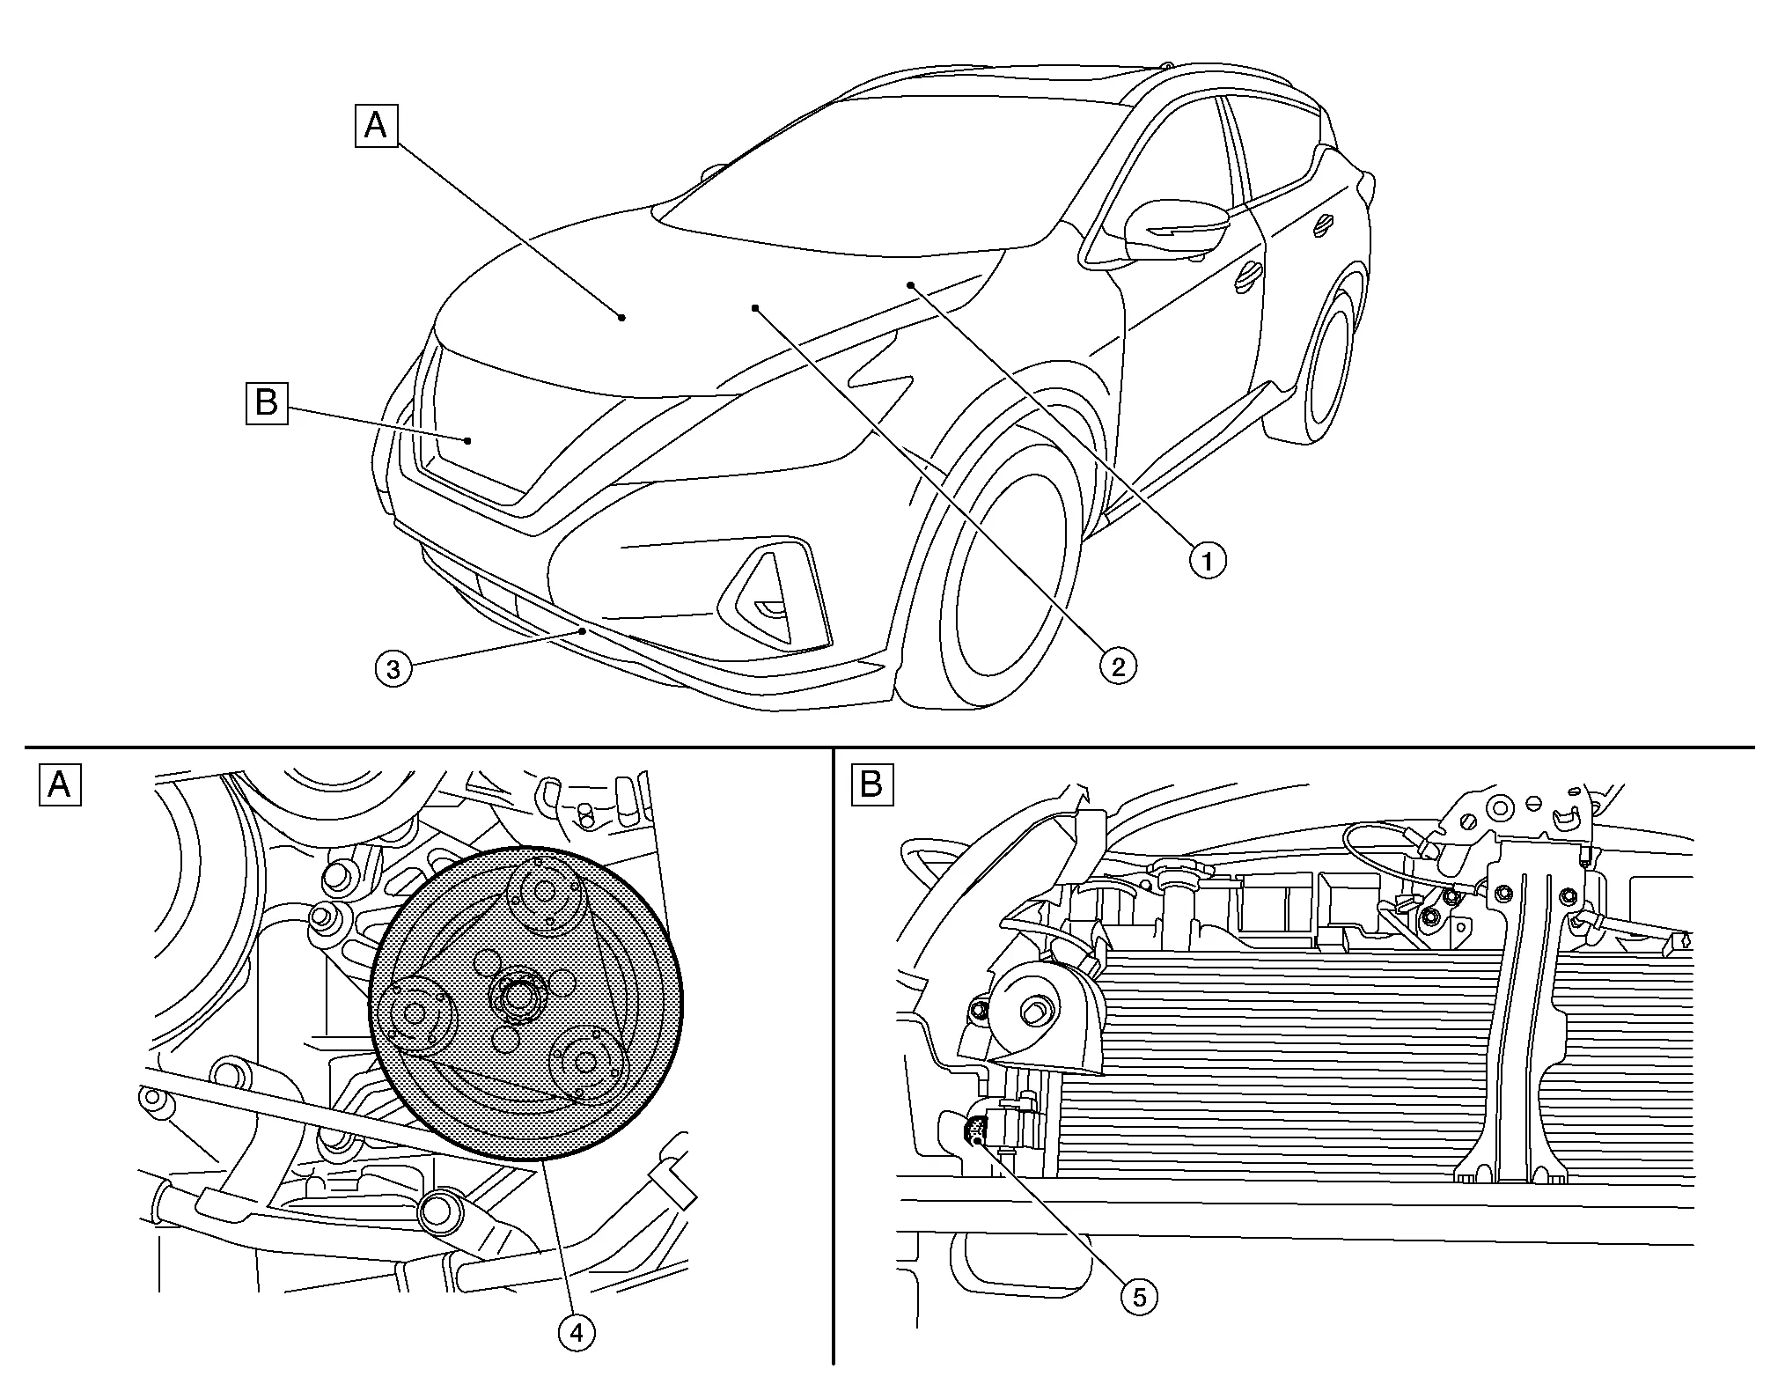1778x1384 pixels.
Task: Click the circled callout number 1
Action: click(1208, 559)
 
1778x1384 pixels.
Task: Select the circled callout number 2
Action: click(1118, 665)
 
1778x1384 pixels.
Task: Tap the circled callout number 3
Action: click(393, 669)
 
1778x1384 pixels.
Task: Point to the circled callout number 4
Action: click(577, 1333)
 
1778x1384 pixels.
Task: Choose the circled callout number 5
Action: click(1139, 1296)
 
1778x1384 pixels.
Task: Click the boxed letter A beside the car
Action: click(376, 126)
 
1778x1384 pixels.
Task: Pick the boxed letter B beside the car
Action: click(267, 403)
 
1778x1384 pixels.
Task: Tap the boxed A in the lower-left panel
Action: click(60, 784)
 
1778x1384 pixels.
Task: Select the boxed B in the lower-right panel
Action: click(871, 784)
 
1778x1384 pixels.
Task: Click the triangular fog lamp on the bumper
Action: click(775, 594)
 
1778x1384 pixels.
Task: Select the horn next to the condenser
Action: click(1043, 1012)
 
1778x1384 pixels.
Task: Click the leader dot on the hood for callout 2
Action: click(755, 307)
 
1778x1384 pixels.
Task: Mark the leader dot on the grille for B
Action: click(468, 440)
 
